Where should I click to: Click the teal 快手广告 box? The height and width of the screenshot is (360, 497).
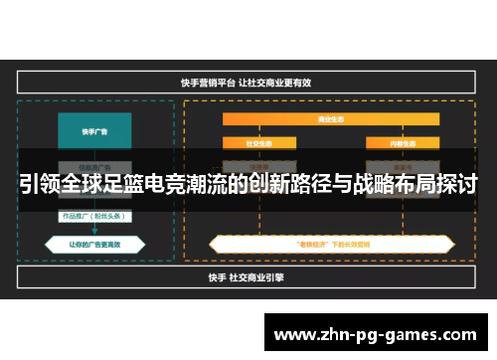(94, 129)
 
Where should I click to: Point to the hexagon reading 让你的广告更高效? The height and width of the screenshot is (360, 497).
(94, 242)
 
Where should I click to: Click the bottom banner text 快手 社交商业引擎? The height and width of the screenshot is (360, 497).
(248, 276)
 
